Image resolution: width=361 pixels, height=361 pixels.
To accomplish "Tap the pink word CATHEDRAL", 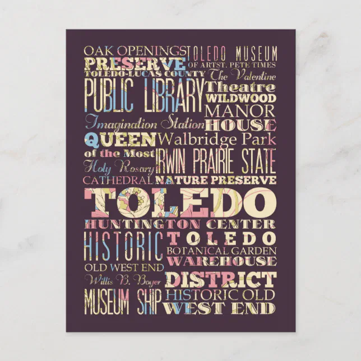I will [x=118, y=180].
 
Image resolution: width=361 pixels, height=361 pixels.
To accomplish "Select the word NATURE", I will [x=183, y=180].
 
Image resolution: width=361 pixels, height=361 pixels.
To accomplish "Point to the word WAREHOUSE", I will [x=222, y=261].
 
